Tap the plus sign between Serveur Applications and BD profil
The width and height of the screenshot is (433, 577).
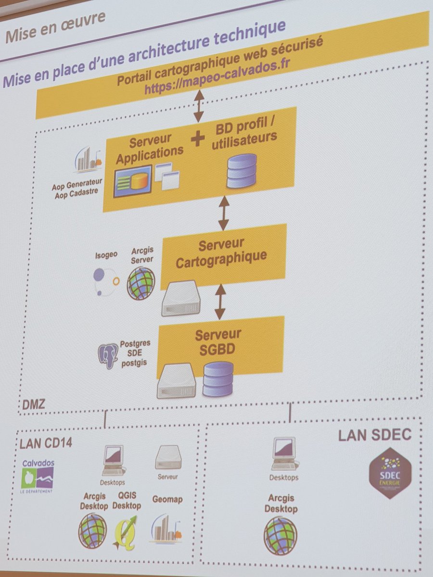tap(197, 139)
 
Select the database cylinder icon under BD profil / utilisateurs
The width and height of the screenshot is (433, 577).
tap(242, 171)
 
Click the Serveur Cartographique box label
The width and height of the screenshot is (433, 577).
tap(221, 253)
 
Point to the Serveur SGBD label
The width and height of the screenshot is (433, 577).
tap(218, 341)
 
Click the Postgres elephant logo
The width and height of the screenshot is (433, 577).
tap(108, 356)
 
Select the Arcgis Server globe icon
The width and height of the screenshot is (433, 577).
tap(141, 283)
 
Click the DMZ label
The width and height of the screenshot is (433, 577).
tap(34, 404)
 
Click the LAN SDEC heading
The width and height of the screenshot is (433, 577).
tap(374, 435)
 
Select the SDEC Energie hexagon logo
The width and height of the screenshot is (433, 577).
tap(390, 473)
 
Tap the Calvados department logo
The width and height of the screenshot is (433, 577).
tap(38, 476)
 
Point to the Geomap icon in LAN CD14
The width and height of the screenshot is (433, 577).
tap(166, 529)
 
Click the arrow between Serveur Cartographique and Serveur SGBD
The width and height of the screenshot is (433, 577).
tap(220, 301)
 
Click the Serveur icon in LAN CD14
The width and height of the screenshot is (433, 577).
tap(168, 457)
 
